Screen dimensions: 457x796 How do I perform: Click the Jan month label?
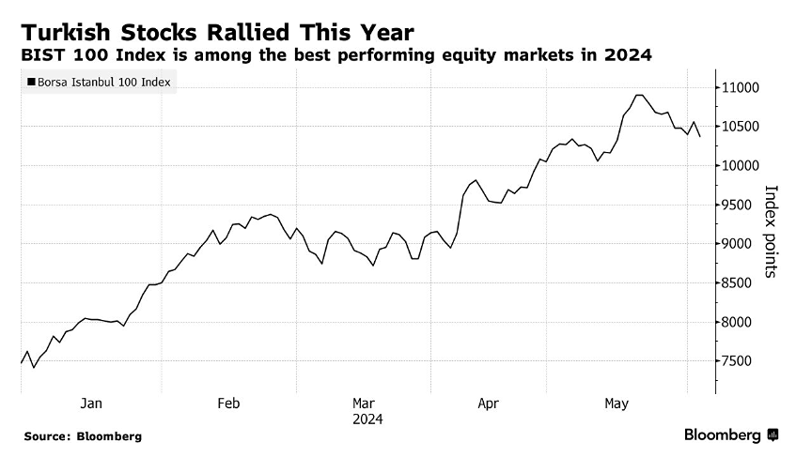click(x=91, y=404)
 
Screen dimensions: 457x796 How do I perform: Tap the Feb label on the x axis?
click(x=228, y=404)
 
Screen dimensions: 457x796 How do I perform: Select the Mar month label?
click(x=365, y=404)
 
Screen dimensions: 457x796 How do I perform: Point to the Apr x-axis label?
click(x=488, y=404)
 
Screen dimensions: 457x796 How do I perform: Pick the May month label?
click(x=617, y=404)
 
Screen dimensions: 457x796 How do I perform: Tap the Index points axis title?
click(x=771, y=230)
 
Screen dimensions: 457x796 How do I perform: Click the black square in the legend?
click(x=33, y=83)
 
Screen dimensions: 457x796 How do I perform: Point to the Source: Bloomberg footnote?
click(x=83, y=436)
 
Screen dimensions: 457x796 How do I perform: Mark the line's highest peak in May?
click(x=639, y=95)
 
